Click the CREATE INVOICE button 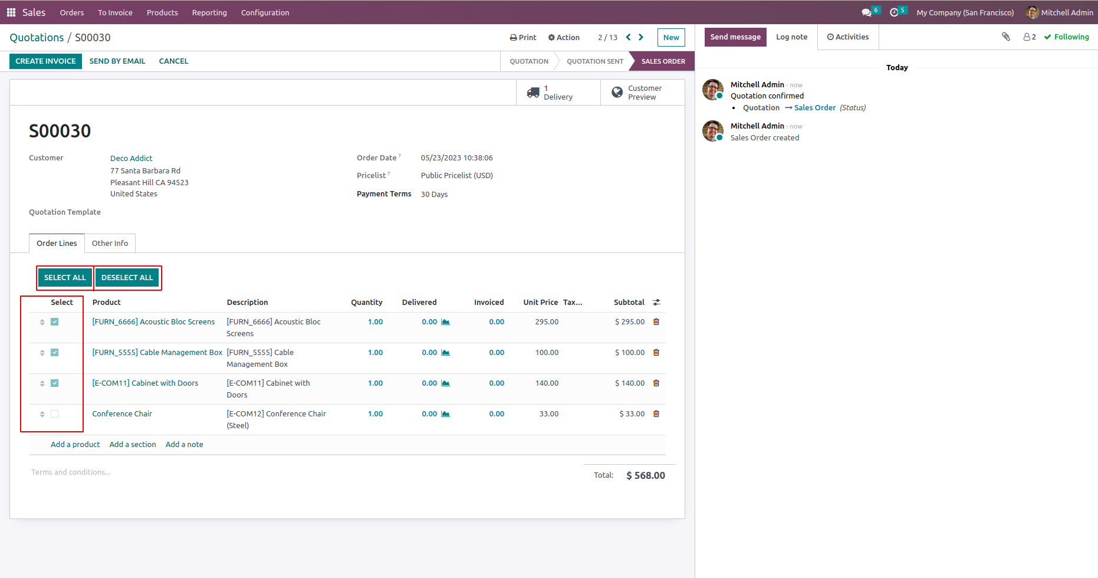(45, 61)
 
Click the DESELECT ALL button (127, 278)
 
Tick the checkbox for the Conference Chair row (55, 414)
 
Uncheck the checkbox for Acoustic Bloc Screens (55, 322)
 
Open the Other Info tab (110, 244)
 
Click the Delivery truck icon (533, 93)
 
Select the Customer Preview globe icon (617, 93)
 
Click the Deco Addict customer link (131, 159)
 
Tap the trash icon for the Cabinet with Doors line (656, 383)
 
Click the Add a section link (133, 445)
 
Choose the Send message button (735, 37)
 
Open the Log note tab (791, 37)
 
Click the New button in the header (671, 38)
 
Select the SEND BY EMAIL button (117, 61)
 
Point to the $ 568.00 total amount (645, 476)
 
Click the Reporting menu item (209, 13)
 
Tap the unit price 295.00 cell (547, 322)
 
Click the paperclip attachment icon (1006, 37)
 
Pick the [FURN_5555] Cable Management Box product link (157, 353)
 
